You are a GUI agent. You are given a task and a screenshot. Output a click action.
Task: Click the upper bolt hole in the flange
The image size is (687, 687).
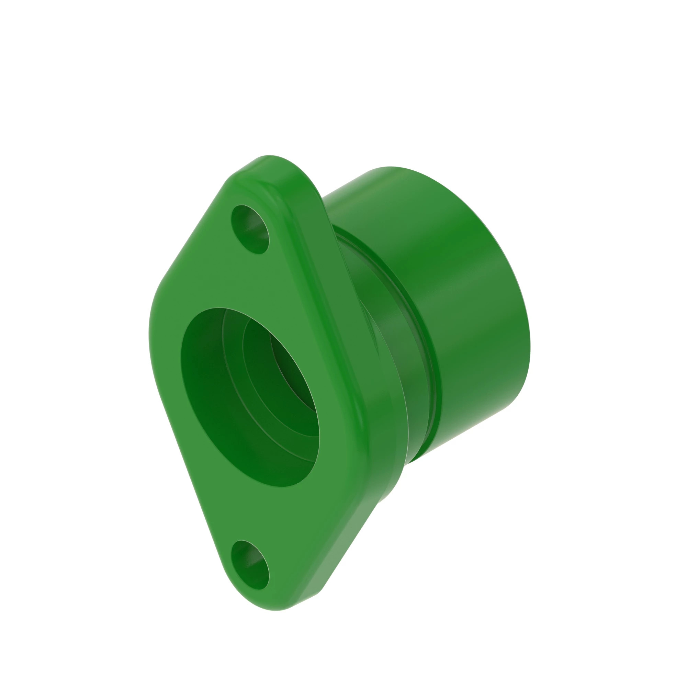(x=250, y=229)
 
